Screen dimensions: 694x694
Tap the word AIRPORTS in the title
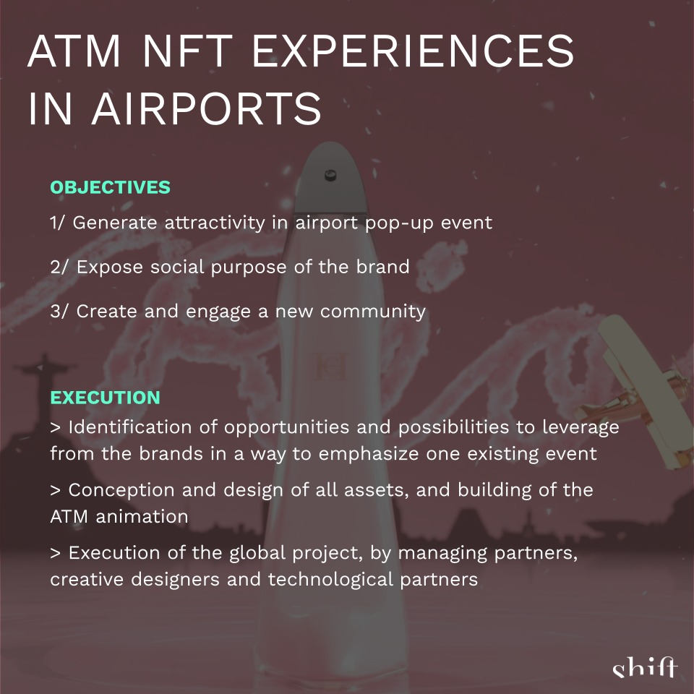point(206,108)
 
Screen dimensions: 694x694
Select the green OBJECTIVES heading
point(110,187)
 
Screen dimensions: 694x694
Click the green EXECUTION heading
point(105,398)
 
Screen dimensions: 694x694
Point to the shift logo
point(645,667)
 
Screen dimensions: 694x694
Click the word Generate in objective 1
point(115,222)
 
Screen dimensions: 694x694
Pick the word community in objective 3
point(373,312)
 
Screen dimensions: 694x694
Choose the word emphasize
point(368,454)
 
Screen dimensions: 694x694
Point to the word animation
point(142,516)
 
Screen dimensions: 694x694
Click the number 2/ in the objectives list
point(59,267)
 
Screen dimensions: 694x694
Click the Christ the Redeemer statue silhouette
point(42,390)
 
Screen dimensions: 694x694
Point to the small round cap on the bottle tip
point(330,175)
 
